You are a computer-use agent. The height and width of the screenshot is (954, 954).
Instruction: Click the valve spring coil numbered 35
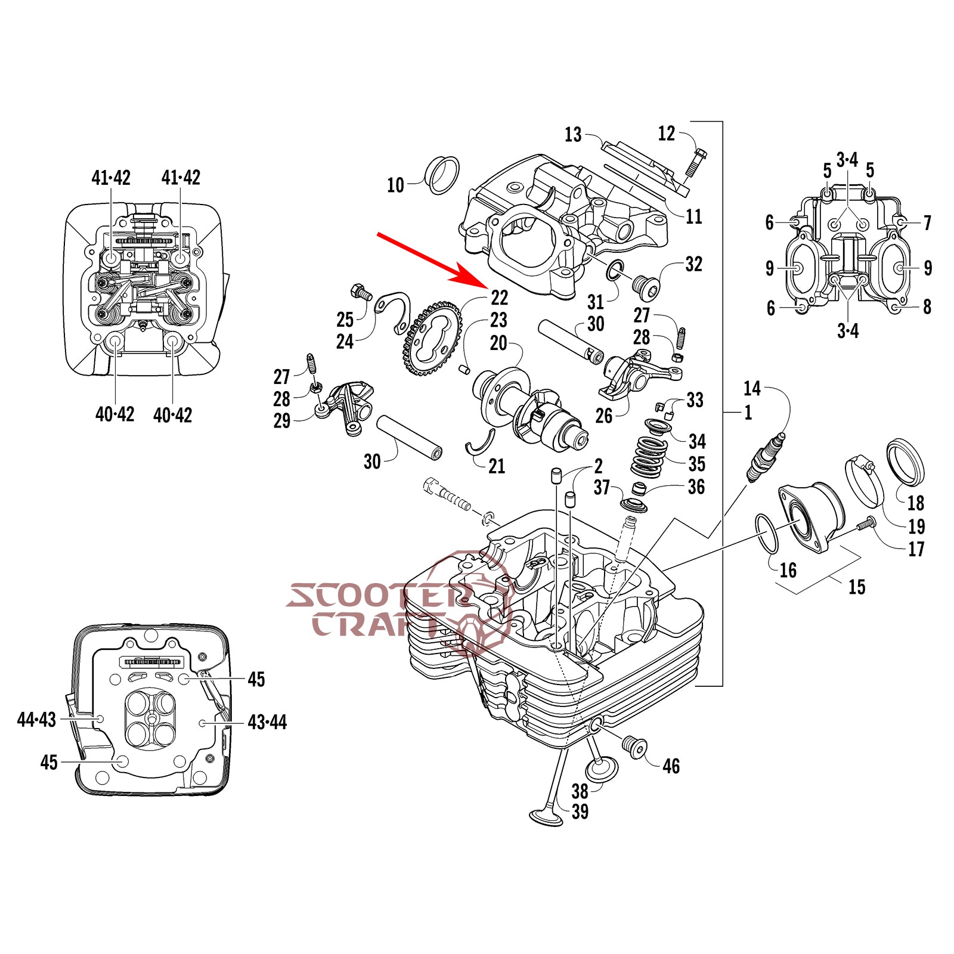click(648, 457)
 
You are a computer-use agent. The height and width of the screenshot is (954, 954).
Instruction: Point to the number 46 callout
click(671, 766)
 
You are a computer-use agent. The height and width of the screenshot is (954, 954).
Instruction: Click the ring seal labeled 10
click(442, 175)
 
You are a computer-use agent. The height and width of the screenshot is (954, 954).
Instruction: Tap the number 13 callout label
click(572, 135)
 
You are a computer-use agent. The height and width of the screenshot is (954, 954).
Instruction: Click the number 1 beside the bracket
click(748, 412)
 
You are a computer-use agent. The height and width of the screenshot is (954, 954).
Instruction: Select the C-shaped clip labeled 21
click(481, 444)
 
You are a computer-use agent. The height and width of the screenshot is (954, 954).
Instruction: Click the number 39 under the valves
click(580, 811)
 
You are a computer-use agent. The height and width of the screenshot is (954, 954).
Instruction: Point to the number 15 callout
click(856, 587)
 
